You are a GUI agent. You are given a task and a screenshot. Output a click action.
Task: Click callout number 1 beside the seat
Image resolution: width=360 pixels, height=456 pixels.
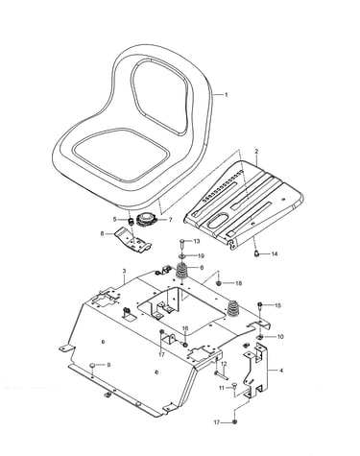pyautogui.click(x=226, y=95)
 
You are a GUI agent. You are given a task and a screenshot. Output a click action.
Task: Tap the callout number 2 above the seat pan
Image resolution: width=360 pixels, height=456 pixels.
pyautogui.click(x=256, y=151)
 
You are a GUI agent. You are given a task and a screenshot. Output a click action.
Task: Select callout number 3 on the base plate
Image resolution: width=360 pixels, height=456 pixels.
pyautogui.click(x=124, y=271)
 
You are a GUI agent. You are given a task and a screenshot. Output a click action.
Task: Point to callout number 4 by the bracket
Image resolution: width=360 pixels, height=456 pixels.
pyautogui.click(x=281, y=371)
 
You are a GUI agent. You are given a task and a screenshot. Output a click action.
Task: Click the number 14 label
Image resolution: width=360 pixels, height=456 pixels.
pyautogui.click(x=275, y=254)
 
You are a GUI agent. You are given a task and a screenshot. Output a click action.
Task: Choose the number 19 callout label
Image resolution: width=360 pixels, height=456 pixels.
pyautogui.click(x=201, y=256)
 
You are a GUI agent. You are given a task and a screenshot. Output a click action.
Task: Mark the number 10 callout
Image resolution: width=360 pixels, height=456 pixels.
pyautogui.click(x=280, y=337)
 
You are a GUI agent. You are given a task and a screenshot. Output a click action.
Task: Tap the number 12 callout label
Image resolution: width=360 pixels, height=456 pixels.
pyautogui.click(x=224, y=364)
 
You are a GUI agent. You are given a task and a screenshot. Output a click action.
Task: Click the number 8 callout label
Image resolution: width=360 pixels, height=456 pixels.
pyautogui.click(x=103, y=233)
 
